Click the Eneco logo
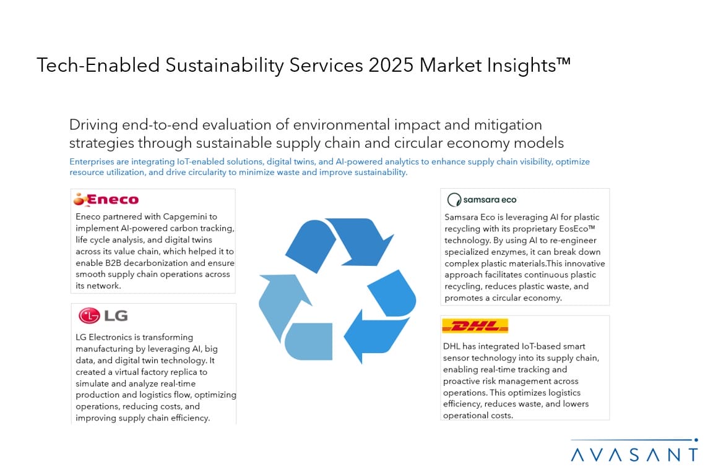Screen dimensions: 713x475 pyautogui.click(x=106, y=199)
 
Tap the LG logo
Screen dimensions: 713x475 pyautogui.click(x=103, y=315)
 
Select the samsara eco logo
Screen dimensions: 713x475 pyautogui.click(x=482, y=200)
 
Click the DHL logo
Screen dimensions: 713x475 pyautogui.click(x=475, y=326)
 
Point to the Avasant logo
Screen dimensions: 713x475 pyautogui.click(x=634, y=450)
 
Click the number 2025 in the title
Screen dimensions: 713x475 pyautogui.click(x=391, y=65)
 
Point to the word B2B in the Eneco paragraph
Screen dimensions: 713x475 pyautogui.click(x=113, y=263)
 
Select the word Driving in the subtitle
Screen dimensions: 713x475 pyautogui.click(x=93, y=124)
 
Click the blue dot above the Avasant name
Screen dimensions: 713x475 pyautogui.click(x=696, y=440)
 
